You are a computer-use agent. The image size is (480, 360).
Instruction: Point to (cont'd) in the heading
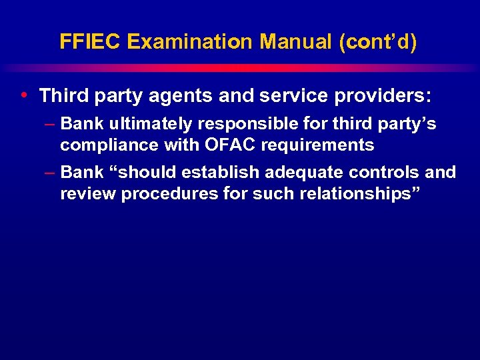pos(378,42)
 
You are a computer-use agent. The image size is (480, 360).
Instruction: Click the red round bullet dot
pos(24,95)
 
